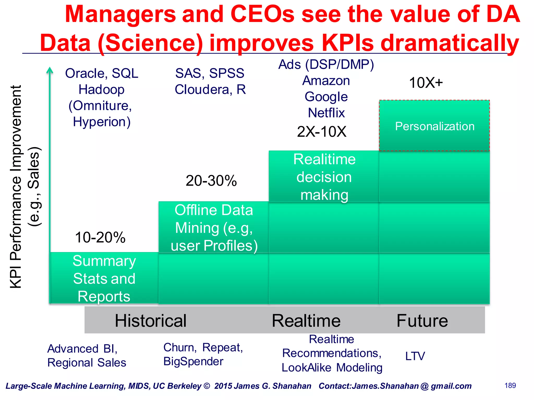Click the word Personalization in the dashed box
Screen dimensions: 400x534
point(435,127)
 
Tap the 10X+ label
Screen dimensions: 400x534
point(426,83)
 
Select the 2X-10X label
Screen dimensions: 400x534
point(321,132)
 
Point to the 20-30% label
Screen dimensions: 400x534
point(211,181)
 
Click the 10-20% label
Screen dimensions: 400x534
point(100,238)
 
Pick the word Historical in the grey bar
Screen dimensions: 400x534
point(150,321)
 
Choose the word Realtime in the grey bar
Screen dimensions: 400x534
point(306,321)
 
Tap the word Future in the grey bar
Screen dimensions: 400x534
point(422,321)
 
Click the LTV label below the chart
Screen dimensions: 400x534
point(415,356)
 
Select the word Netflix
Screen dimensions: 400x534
point(326,113)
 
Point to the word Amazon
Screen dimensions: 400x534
point(326,81)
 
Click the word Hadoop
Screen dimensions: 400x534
point(101,90)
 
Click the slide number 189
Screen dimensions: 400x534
point(510,386)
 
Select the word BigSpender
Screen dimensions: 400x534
point(193,361)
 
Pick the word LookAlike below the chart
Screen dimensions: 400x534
point(306,368)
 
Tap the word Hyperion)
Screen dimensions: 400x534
point(102,122)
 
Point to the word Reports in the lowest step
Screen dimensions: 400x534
point(104,297)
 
